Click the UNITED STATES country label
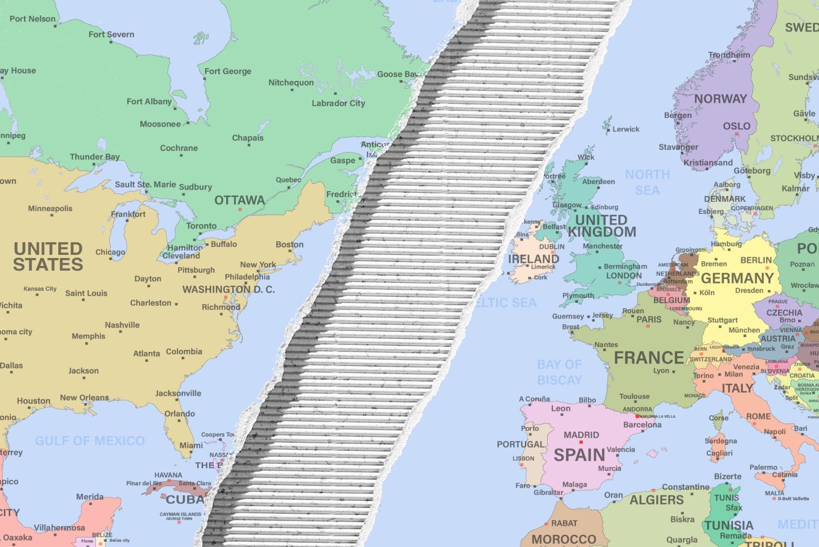pyautogui.click(x=48, y=256)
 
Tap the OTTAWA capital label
pyautogui.click(x=239, y=200)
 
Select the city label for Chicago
pyautogui.click(x=110, y=252)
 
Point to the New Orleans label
pyautogui.click(x=85, y=397)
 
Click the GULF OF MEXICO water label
pyautogui.click(x=90, y=441)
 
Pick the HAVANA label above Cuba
pyautogui.click(x=168, y=475)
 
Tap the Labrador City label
pyautogui.click(x=338, y=103)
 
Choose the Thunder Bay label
pyautogui.click(x=94, y=157)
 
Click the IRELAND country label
pyautogui.click(x=533, y=259)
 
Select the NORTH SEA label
pyautogui.click(x=647, y=182)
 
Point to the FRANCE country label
pyautogui.click(x=649, y=358)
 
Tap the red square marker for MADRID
pyautogui.click(x=581, y=442)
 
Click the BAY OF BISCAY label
pyautogui.click(x=560, y=372)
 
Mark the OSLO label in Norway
pyautogui.click(x=737, y=126)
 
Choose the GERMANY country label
pyautogui.click(x=737, y=278)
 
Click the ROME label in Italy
pyautogui.click(x=758, y=416)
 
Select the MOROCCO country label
pyautogui.click(x=564, y=540)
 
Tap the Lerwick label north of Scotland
pyautogui.click(x=626, y=129)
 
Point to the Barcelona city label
pyautogui.click(x=642, y=425)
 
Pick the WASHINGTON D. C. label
pyautogui.click(x=228, y=290)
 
